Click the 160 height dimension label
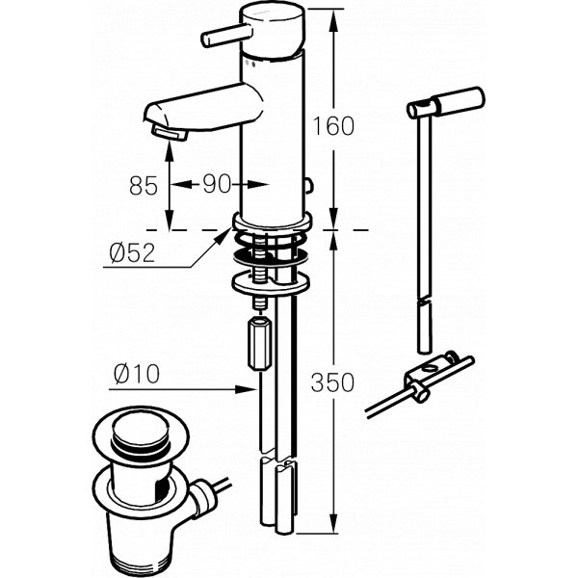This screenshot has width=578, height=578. [333, 126]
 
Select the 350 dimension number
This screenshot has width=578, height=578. [332, 382]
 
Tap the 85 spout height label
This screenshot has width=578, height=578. [143, 185]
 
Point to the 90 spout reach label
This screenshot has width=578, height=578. [217, 184]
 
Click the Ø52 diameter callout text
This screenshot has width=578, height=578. [132, 252]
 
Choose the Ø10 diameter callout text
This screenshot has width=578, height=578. [137, 374]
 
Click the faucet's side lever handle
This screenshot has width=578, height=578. [226, 37]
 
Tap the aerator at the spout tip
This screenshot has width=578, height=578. [170, 133]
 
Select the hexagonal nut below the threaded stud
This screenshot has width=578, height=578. [259, 343]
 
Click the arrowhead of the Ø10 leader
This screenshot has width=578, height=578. [245, 389]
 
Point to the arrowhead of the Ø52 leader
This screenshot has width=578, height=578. [223, 236]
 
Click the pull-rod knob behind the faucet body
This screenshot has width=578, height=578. [308, 186]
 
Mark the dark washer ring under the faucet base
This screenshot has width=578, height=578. [271, 257]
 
